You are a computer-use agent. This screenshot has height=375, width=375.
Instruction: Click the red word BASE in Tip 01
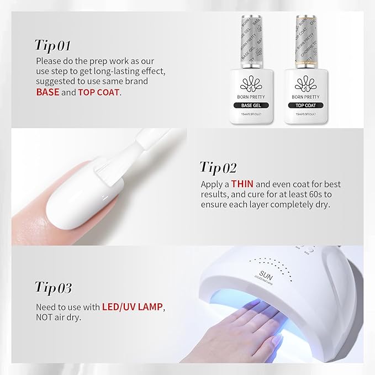pyautogui.click(x=47, y=92)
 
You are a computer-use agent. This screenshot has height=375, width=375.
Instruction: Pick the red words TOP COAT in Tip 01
pyautogui.click(x=98, y=92)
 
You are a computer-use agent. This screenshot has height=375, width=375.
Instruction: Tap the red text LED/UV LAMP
pyautogui.click(x=136, y=307)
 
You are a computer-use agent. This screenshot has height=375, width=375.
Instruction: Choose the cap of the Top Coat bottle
pyautogui.click(x=304, y=39)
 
